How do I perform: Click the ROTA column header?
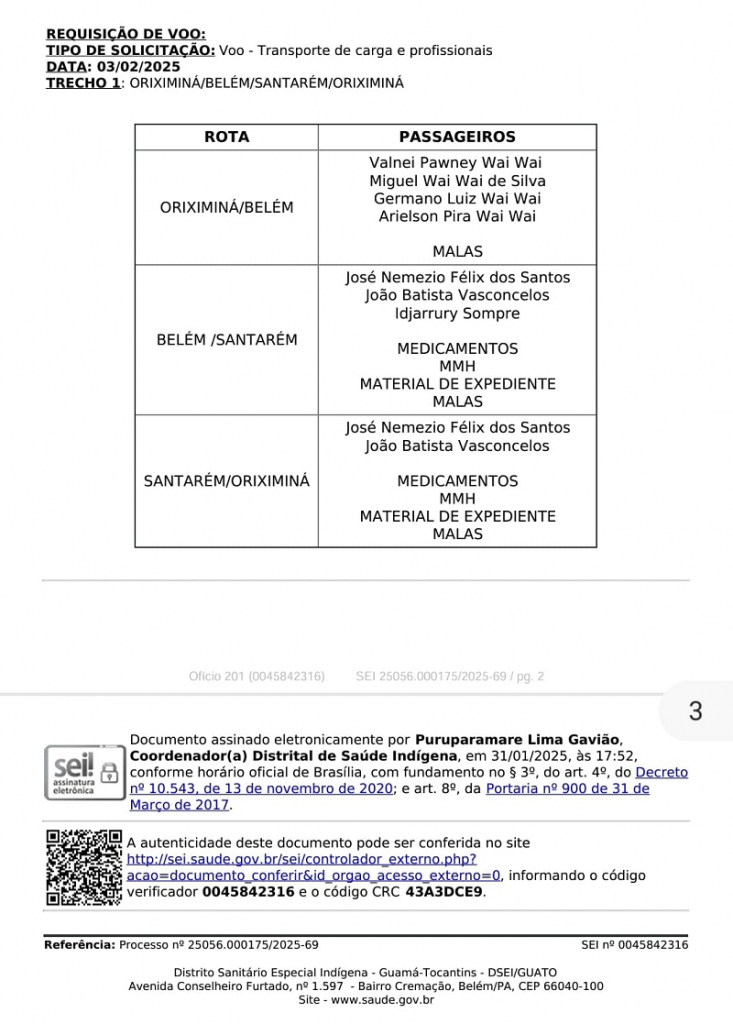click(x=226, y=137)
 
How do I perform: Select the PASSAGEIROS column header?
click(x=457, y=137)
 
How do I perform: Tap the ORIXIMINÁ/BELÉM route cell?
click(x=226, y=207)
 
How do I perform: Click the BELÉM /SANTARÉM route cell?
click(x=226, y=340)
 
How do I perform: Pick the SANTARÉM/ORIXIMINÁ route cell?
click(x=226, y=481)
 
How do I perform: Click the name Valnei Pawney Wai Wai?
click(x=457, y=162)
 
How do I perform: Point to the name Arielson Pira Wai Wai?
click(x=457, y=216)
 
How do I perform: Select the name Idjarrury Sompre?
click(x=457, y=314)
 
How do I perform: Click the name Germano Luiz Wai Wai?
click(x=457, y=198)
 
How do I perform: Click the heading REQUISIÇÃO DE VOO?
click(x=126, y=34)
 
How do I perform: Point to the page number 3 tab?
click(x=695, y=712)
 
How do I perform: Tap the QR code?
click(x=83, y=867)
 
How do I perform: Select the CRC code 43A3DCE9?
click(x=444, y=892)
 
